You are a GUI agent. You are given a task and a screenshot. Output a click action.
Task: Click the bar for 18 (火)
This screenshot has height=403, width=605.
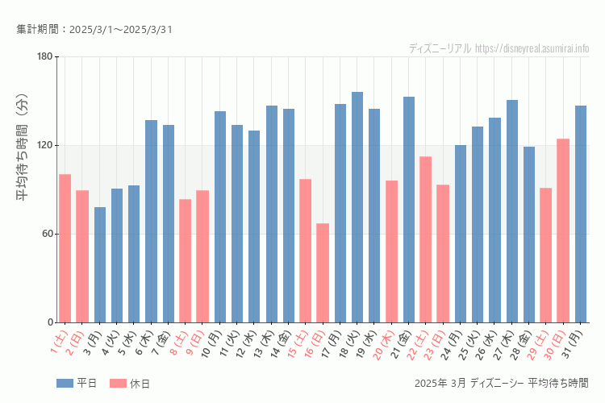tap(357, 207)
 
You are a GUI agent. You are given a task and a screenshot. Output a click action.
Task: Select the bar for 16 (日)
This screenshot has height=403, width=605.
tap(323, 272)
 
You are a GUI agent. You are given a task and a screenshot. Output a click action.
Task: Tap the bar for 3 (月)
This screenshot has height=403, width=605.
tap(100, 264)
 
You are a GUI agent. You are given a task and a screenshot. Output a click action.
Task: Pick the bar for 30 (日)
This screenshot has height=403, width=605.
tap(563, 231)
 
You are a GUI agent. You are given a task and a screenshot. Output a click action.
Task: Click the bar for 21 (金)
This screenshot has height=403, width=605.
tap(409, 210)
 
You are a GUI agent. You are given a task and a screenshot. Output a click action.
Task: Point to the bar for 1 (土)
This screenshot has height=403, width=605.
tap(65, 248)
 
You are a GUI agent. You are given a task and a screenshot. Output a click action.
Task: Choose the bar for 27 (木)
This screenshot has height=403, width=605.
tap(512, 211)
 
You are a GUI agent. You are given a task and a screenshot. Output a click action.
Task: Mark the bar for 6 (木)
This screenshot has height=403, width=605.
tap(151, 221)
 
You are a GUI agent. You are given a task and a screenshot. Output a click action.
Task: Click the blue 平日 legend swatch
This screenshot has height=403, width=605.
tap(65, 383)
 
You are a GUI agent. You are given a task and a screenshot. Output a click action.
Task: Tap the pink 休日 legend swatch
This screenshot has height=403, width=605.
tap(118, 383)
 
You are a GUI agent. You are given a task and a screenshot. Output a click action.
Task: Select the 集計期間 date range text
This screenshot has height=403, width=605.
tap(94, 30)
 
